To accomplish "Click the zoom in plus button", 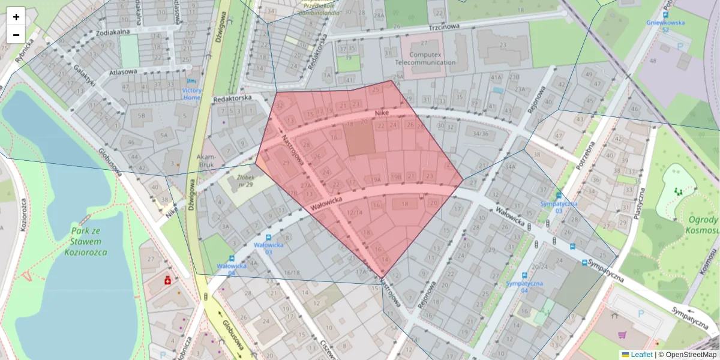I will pos(16,17).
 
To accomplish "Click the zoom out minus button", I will pos(16,35).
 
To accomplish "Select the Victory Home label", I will pos(192,94).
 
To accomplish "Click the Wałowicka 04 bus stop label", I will pos(232,269).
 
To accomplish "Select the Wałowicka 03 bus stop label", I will pos(263,248).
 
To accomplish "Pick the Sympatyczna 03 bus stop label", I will pos(559,207).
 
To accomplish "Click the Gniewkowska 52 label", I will pos(665,26).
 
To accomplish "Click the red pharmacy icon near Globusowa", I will pos(168,280).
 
